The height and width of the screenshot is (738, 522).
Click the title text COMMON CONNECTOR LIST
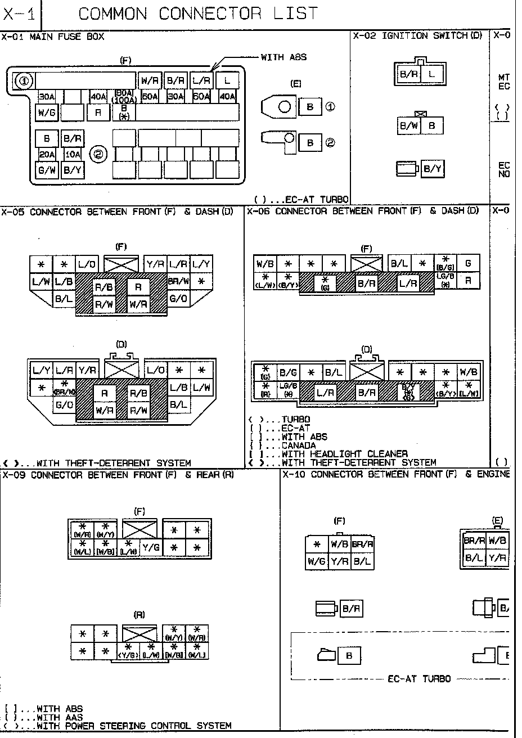coord(198,13)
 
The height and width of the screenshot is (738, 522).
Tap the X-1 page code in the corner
coord(19,14)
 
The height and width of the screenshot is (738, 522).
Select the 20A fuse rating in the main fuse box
coord(46,154)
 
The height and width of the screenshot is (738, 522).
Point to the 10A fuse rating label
coord(73,154)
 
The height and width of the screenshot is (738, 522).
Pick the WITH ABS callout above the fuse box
coord(283,57)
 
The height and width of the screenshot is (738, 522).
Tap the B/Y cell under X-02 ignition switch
coord(432,168)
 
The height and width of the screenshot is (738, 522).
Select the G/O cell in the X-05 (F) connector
coord(178,298)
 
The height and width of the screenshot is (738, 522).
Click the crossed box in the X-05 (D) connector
coord(121,370)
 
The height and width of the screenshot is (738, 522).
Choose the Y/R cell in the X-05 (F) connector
coord(155,264)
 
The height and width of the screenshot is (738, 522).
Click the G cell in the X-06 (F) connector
coord(468,263)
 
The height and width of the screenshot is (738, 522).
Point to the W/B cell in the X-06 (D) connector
coord(467,371)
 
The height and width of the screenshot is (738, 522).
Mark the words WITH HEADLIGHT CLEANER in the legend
coord(344,454)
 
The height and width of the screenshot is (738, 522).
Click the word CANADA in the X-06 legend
coord(299,445)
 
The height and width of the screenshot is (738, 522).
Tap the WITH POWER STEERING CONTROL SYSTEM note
coord(133,726)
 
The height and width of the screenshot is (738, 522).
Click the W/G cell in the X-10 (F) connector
coord(317,561)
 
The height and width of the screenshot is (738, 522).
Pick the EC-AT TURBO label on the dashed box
coord(419,679)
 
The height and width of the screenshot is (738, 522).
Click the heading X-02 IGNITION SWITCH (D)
coord(418,36)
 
